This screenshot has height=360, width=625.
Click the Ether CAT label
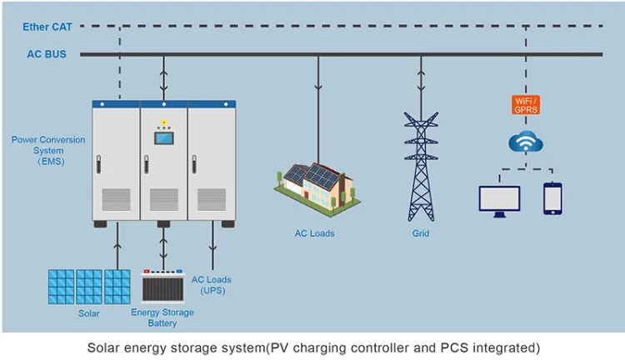(x=47, y=27)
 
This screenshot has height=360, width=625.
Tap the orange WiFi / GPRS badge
(x=525, y=105)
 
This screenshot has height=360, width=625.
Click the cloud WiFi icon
(x=526, y=142)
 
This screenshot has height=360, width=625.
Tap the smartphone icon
(x=552, y=198)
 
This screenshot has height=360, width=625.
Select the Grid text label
(x=421, y=233)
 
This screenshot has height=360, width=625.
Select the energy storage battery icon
(x=162, y=287)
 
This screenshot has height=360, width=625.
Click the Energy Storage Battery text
(x=162, y=317)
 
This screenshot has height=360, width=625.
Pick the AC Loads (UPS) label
(x=212, y=285)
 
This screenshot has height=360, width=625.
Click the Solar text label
(x=88, y=313)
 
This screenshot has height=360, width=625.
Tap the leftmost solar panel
(x=61, y=287)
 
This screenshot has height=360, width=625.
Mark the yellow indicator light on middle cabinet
(x=163, y=122)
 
